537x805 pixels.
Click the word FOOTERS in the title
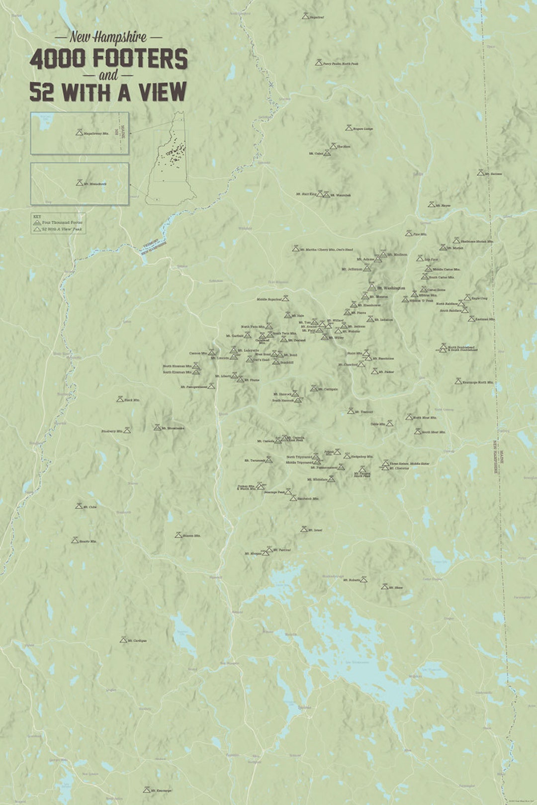(x=140, y=59)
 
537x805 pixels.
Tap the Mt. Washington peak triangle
(x=372, y=287)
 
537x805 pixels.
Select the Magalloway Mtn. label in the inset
(x=96, y=134)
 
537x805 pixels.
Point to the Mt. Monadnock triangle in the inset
(x=79, y=183)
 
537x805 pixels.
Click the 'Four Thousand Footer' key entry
(x=62, y=223)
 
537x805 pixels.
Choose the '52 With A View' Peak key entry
(x=62, y=229)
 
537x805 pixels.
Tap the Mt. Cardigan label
(x=137, y=641)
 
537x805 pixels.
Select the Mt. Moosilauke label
(x=173, y=428)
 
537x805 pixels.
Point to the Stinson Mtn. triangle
(x=178, y=535)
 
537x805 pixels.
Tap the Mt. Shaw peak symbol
(x=384, y=587)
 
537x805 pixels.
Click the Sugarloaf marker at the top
(x=305, y=16)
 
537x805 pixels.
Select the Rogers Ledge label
(x=363, y=129)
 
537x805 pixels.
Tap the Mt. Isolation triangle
(x=370, y=319)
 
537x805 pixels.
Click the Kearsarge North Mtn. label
(x=478, y=382)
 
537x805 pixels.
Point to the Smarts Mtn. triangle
(x=75, y=540)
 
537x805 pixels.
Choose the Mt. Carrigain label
(x=328, y=389)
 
